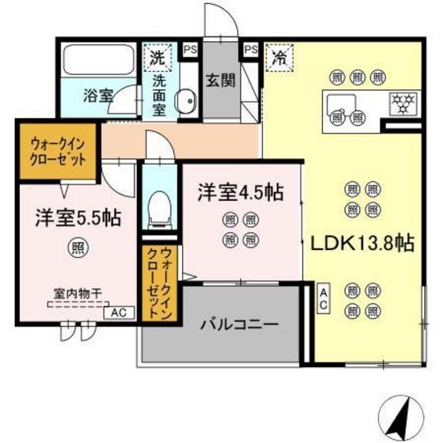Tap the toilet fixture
click(159, 209)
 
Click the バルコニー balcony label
click(239, 324)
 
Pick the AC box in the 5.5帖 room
click(118, 312)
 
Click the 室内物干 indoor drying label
click(77, 294)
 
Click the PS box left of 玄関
click(190, 49)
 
